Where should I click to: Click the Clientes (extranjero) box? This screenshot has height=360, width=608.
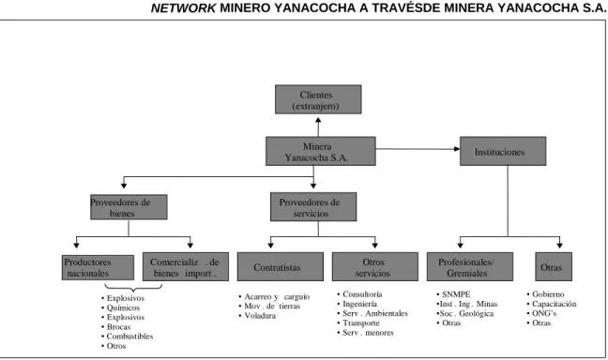[318, 99]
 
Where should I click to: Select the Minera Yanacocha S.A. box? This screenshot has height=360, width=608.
[321, 151]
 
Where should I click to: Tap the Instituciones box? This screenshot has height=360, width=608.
[503, 151]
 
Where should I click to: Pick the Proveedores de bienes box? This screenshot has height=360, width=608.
[129, 207]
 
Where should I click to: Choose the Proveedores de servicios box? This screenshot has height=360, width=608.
[313, 207]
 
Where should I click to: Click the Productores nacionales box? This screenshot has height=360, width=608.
[98, 267]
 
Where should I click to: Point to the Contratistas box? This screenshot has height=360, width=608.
[281, 267]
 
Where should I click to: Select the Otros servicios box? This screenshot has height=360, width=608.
[375, 267]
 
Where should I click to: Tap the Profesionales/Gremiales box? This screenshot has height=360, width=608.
[470, 267]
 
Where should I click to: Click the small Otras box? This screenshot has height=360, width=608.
[554, 267]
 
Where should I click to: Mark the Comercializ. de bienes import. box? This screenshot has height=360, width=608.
[186, 267]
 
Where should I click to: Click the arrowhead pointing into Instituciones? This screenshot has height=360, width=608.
[457, 149]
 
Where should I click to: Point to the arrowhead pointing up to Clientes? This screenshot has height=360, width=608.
[318, 121]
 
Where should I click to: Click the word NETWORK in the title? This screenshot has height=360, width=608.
[183, 7]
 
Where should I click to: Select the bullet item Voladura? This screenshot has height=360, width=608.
[260, 316]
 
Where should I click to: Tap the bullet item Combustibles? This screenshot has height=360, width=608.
[129, 337]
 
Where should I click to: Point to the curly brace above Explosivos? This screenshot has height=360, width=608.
[133, 288]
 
